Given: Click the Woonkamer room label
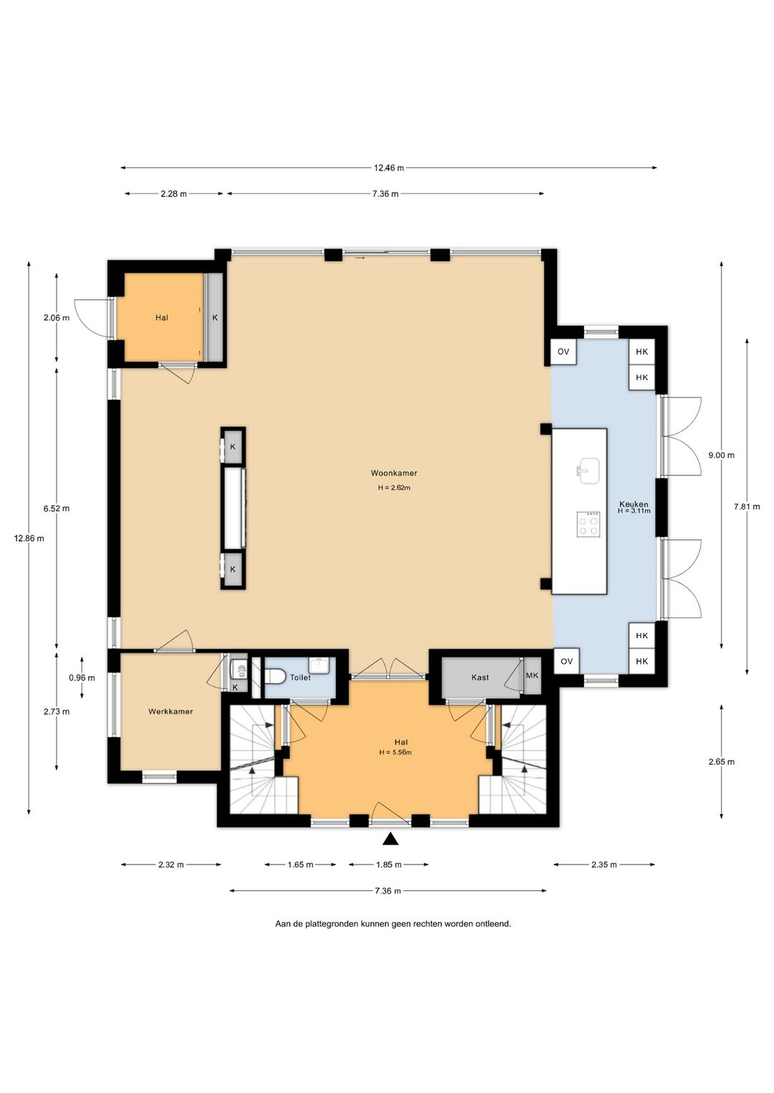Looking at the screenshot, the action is pos(393,473).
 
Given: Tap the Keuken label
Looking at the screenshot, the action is pos(634,504).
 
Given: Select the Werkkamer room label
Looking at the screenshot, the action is pos(171,711).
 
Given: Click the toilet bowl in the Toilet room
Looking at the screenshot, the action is pos(274,677).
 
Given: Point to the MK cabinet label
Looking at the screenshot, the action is pos(532,675).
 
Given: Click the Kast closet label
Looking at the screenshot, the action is pos(480,678).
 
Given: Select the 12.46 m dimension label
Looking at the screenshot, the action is pos(388,168).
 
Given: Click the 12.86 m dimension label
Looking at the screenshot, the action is pos(29,538).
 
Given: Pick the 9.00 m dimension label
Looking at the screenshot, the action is pos(721,456).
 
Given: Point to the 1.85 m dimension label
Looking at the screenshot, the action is pos(388,865).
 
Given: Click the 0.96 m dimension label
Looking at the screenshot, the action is pos(82,678).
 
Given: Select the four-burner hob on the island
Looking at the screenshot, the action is pos(588,524).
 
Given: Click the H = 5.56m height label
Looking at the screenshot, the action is pos(395,752).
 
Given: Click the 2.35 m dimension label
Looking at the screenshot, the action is pos(604,865).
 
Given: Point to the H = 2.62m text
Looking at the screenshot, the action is pos(393,488).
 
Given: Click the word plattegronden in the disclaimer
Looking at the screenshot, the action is pos(332,924).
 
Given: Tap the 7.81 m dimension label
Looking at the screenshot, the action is pos(747,506).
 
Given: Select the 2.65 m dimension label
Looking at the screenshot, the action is pos(721,761).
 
